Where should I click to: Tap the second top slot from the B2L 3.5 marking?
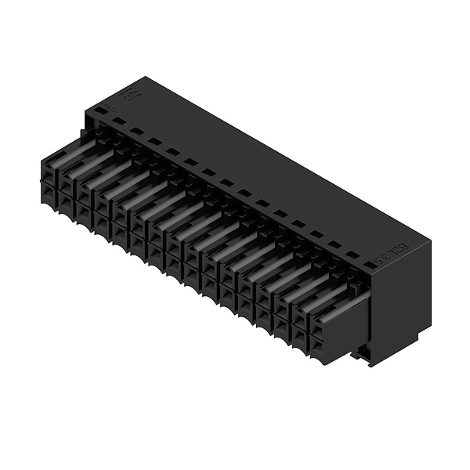coord(334,244)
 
